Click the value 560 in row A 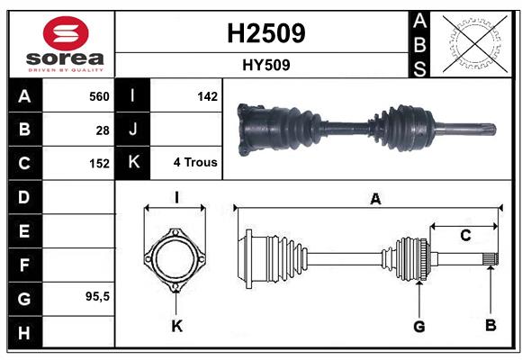point(98,96)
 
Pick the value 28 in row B point(102,130)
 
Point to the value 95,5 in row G point(97,296)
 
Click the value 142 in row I point(207,96)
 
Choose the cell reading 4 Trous point(195,163)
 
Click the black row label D point(24,197)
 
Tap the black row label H point(24,332)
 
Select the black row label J point(133,130)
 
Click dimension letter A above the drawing point(375,200)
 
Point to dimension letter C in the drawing point(465,236)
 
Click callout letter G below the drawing point(418,326)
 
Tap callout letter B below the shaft point(490,326)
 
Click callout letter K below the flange point(176,326)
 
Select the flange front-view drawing point(176,259)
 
